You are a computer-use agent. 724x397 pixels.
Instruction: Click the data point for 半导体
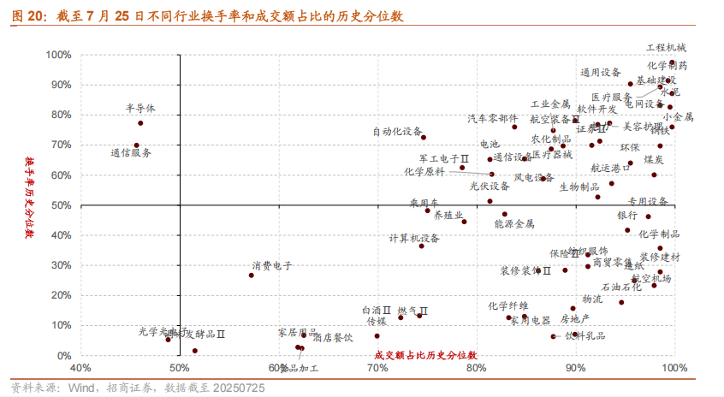click(x=140, y=123)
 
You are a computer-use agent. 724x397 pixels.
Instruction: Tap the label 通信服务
click(x=131, y=153)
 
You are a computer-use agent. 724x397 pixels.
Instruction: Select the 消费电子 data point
click(x=252, y=275)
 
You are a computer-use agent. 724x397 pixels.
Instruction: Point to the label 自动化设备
click(x=397, y=132)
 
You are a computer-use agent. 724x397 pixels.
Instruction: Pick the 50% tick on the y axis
click(x=62, y=205)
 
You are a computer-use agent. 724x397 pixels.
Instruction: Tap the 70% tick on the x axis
click(x=377, y=369)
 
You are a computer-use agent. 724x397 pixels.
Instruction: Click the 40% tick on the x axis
click(x=80, y=369)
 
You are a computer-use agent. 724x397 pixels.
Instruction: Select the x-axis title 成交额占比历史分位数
click(x=425, y=354)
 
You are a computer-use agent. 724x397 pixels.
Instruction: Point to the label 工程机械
click(x=666, y=48)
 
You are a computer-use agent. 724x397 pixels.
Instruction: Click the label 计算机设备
click(x=414, y=238)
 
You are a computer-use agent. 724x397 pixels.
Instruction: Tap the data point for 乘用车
click(x=428, y=210)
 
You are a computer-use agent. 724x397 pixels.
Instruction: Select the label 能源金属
click(x=514, y=223)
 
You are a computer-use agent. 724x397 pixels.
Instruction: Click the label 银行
click(x=627, y=216)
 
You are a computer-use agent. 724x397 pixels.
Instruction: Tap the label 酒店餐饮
click(x=333, y=337)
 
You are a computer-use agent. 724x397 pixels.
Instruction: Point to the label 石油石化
click(x=621, y=287)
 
